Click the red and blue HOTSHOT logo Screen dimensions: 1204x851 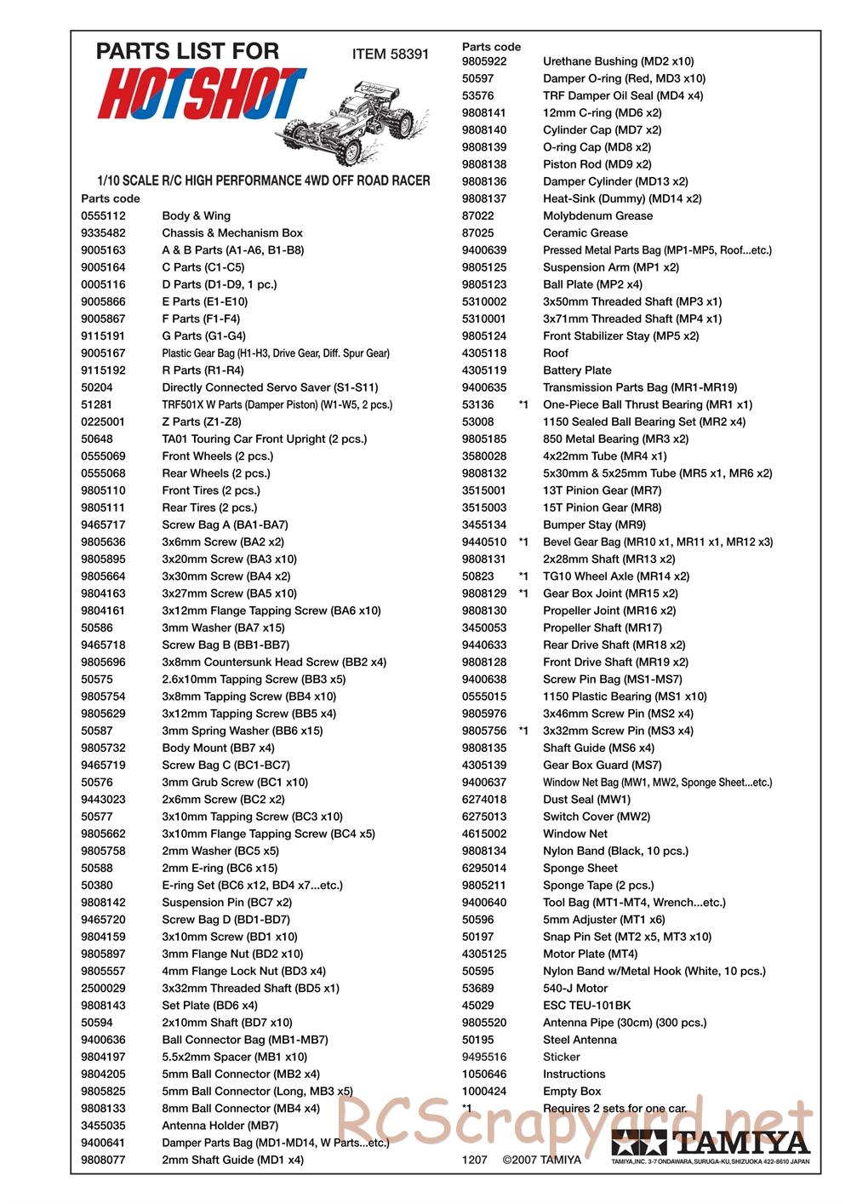[201, 93]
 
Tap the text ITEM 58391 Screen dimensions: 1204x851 [390, 54]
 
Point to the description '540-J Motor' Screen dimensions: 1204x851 [575, 989]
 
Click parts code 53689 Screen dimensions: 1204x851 [477, 989]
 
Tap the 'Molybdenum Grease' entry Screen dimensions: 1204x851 [597, 216]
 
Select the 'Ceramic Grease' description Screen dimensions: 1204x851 [585, 233]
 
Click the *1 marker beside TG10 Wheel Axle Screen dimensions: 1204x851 [523, 576]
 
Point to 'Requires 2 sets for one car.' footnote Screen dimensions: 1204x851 [614, 1109]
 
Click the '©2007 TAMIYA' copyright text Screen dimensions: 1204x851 [542, 1160]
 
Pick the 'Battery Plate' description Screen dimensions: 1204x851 [577, 370]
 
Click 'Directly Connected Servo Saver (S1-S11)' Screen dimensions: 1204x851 [270, 387]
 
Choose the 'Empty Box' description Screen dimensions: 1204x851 [572, 1092]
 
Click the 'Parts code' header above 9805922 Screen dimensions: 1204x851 [491, 47]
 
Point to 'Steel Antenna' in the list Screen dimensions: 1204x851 [580, 1040]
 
